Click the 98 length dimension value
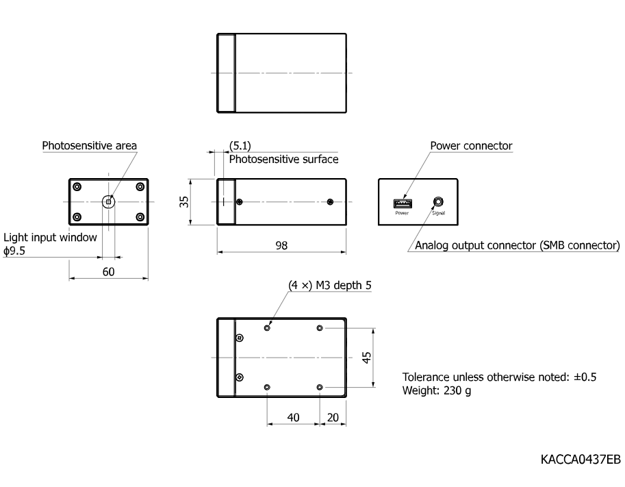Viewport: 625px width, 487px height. point(281,245)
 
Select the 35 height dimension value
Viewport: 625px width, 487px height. point(183,202)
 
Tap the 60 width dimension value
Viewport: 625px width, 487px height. point(108,272)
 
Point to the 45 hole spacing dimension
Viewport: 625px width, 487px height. point(366,358)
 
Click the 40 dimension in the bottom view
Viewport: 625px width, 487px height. point(294,417)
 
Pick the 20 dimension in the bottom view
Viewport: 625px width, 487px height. point(333,417)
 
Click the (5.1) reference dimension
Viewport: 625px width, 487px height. point(240,146)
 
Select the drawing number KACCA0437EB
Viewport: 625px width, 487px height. point(581,460)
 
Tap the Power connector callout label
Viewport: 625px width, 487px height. point(471,146)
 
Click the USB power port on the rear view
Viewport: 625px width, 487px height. point(403,203)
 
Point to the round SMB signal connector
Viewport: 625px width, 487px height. point(438,202)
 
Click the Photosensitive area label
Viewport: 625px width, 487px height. point(90,146)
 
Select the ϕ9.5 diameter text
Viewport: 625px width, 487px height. point(14,251)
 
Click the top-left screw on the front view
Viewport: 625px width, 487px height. point(77,187)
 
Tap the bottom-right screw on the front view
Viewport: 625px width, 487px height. point(140,217)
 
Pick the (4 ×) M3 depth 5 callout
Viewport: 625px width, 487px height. point(330,285)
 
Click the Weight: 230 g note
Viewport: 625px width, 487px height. point(437,390)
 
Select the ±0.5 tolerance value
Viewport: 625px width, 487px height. point(585,377)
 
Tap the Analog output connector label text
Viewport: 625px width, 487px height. point(518,245)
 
